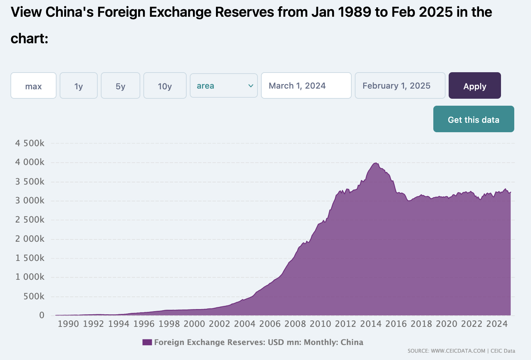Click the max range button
33,86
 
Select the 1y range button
78,86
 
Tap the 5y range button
120,86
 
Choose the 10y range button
165,86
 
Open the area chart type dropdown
224,86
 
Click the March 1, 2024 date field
306,86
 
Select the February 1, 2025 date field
400,86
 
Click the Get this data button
473,119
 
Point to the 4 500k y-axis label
30,143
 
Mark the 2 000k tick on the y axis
30,239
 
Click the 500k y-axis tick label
34,297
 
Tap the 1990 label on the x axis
68,324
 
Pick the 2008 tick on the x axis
295,324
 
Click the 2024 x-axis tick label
497,324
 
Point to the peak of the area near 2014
375,163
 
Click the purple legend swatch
147,342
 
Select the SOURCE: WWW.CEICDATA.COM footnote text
446,351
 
